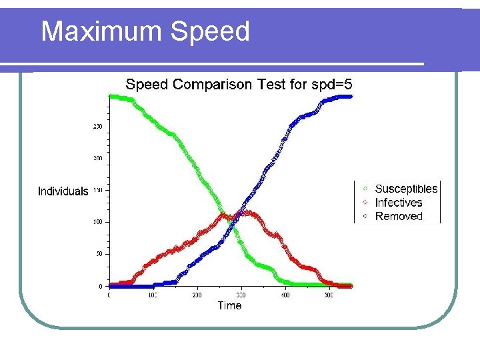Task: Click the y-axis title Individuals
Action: pyautogui.click(x=63, y=191)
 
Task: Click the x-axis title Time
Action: pyautogui.click(x=229, y=305)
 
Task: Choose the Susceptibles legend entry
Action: pyautogui.click(x=406, y=189)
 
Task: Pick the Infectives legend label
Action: pyautogui.click(x=399, y=203)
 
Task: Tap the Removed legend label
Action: pyautogui.click(x=399, y=216)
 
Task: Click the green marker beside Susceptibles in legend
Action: pyautogui.click(x=365, y=189)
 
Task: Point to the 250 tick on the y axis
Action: pyautogui.click(x=98, y=126)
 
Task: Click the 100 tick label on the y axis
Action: pyautogui.click(x=98, y=222)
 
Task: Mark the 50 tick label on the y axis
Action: pyautogui.click(x=99, y=254)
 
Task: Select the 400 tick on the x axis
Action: pyautogui.click(x=285, y=294)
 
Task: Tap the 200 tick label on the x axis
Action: pyautogui.click(x=197, y=294)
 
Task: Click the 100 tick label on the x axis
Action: pyautogui.click(x=153, y=294)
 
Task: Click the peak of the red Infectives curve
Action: pyautogui.click(x=247, y=213)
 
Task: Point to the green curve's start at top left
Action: pyautogui.click(x=111, y=97)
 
